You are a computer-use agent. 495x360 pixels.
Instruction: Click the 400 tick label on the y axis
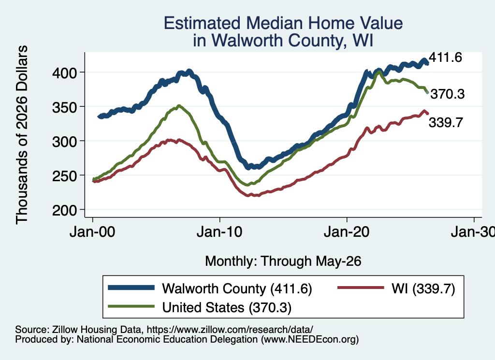click(64, 73)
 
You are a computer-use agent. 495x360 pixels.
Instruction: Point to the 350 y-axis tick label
click(64, 107)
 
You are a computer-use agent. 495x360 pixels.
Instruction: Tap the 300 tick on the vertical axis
click(64, 142)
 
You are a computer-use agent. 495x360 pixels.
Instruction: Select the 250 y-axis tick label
click(64, 176)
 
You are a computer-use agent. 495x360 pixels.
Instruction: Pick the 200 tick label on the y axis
click(64, 210)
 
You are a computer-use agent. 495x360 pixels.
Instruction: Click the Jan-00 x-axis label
click(92, 232)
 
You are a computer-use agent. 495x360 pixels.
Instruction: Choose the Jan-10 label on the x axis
click(219, 232)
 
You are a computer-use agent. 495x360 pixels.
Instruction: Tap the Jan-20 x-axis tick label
click(347, 232)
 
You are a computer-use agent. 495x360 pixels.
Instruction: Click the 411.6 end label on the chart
click(445, 58)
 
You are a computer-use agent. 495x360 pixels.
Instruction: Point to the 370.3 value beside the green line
click(448, 94)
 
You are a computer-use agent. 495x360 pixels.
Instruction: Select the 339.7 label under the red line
click(446, 122)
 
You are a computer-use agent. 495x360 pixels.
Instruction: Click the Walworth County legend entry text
click(237, 288)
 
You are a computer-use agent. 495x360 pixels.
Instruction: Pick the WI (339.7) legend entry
click(423, 288)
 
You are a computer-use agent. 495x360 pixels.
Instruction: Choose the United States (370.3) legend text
click(227, 307)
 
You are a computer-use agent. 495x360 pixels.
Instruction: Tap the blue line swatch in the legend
click(131, 288)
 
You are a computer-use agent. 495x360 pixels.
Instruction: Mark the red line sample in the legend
click(361, 288)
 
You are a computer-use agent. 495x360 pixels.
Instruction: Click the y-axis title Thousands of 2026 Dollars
click(22, 135)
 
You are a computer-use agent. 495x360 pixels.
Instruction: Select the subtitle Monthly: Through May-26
click(283, 261)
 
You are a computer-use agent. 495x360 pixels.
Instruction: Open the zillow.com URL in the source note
click(230, 330)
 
